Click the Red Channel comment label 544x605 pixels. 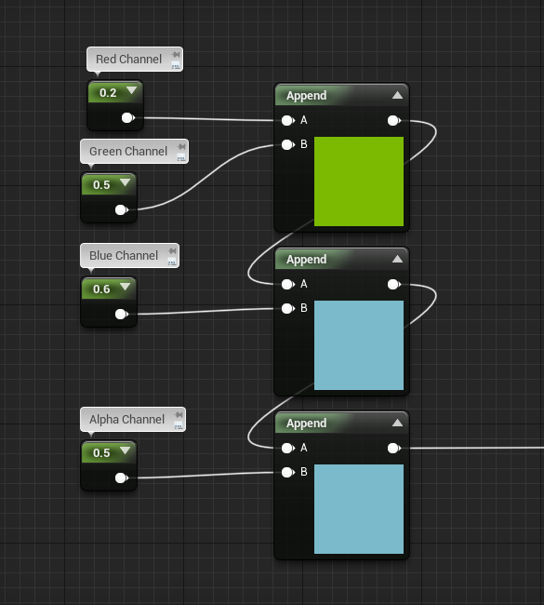(x=128, y=59)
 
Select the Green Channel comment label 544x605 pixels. (x=128, y=151)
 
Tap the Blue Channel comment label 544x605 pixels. (x=124, y=255)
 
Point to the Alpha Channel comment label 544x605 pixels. (x=126, y=420)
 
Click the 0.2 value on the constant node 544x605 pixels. (x=108, y=92)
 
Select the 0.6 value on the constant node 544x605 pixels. (x=101, y=289)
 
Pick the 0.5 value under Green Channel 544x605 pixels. (x=101, y=185)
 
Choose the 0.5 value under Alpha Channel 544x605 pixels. (x=101, y=453)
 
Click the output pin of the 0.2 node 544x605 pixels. (x=127, y=117)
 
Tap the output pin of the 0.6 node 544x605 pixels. (x=122, y=314)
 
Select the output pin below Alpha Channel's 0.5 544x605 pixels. (x=122, y=478)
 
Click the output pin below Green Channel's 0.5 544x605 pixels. (x=122, y=210)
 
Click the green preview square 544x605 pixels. (x=359, y=181)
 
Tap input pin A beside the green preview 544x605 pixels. (x=287, y=121)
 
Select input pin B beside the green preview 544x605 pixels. (x=287, y=144)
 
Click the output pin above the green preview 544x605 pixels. (x=394, y=121)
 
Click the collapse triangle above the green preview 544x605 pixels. (x=397, y=95)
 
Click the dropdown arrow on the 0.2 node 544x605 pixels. (x=131, y=90)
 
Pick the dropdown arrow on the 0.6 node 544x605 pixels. (x=125, y=287)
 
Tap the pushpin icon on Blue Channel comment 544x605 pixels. (x=172, y=250)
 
